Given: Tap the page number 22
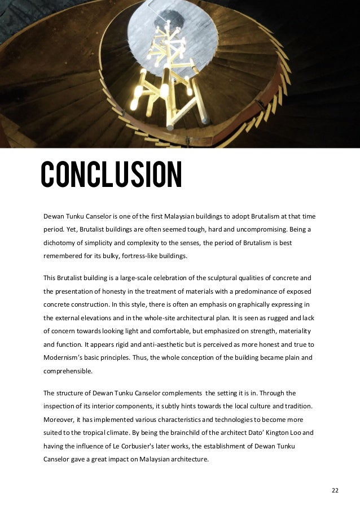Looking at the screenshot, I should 335,490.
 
